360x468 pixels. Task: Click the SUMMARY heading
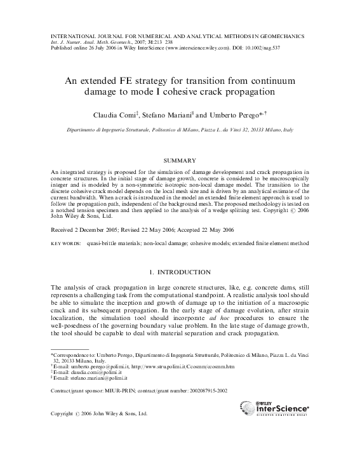pos(180,160)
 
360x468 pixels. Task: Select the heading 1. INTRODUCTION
pos(180,272)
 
